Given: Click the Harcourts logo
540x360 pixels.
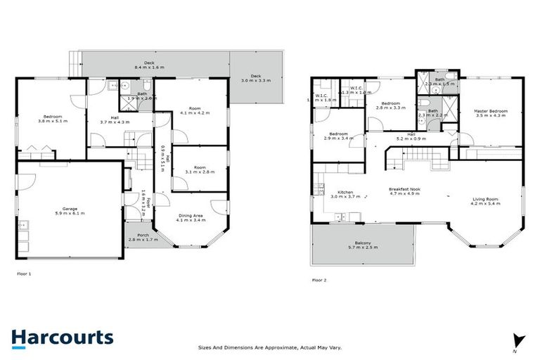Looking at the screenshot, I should pyautogui.click(x=63, y=337).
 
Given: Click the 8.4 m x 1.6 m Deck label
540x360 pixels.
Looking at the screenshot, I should pyautogui.click(x=149, y=65).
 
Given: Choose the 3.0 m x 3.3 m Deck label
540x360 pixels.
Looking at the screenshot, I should pyautogui.click(x=256, y=78).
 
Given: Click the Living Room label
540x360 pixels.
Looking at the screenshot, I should pyautogui.click(x=486, y=200).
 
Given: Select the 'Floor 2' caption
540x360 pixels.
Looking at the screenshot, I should pyautogui.click(x=319, y=280).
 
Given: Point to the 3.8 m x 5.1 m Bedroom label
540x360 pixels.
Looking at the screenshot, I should pyautogui.click(x=53, y=118).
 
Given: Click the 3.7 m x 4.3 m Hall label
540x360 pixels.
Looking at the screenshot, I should pyautogui.click(x=115, y=120).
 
